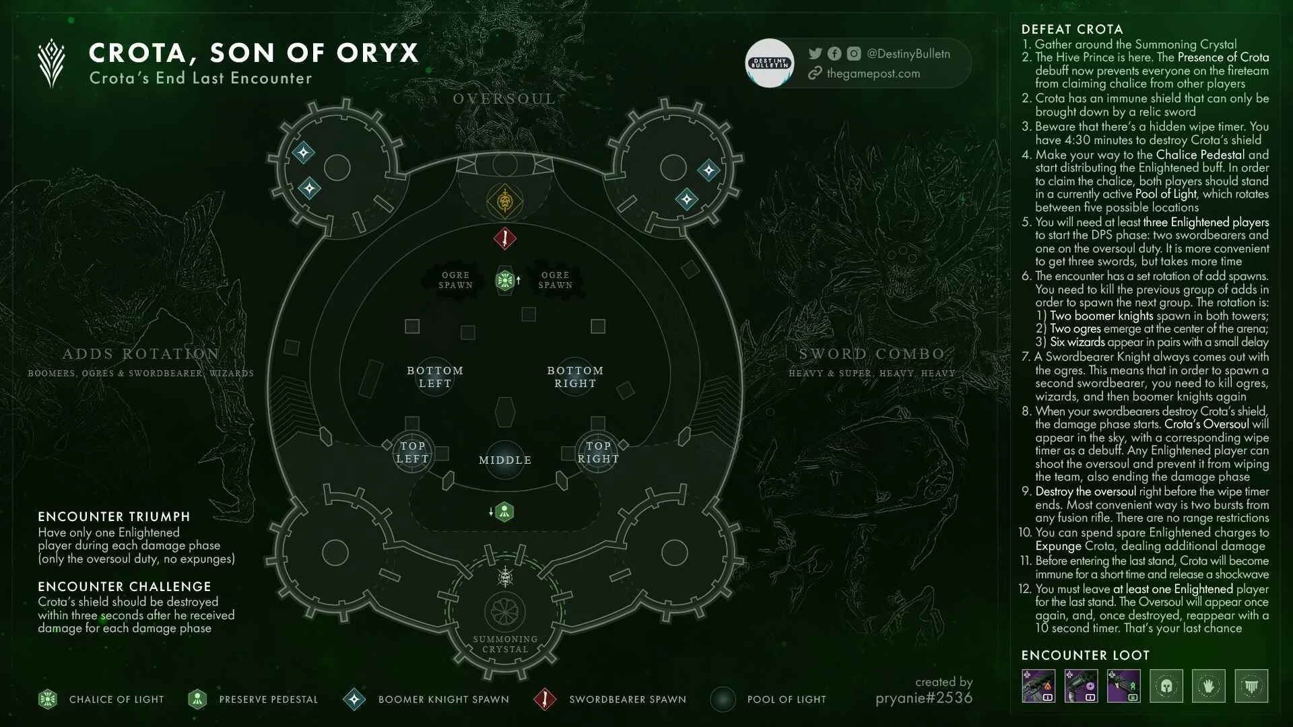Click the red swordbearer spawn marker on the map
pos(504,238)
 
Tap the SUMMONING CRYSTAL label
pos(505,644)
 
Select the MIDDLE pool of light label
pos(505,460)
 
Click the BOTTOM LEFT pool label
pos(435,377)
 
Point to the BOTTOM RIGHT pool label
pos(575,377)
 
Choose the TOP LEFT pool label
pos(412,452)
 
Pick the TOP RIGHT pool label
pos(598,452)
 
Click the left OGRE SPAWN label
pos(456,280)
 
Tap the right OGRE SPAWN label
pos(556,280)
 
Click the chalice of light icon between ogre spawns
pos(504,280)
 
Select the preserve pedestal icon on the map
pos(504,512)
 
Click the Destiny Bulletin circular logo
pos(770,63)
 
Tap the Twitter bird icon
pos(815,54)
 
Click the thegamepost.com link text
pos(873,73)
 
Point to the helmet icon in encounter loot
pos(1166,686)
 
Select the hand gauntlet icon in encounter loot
pos(1209,686)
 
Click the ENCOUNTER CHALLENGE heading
pos(125,587)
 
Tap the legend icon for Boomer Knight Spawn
pos(354,699)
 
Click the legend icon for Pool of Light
pos(723,699)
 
